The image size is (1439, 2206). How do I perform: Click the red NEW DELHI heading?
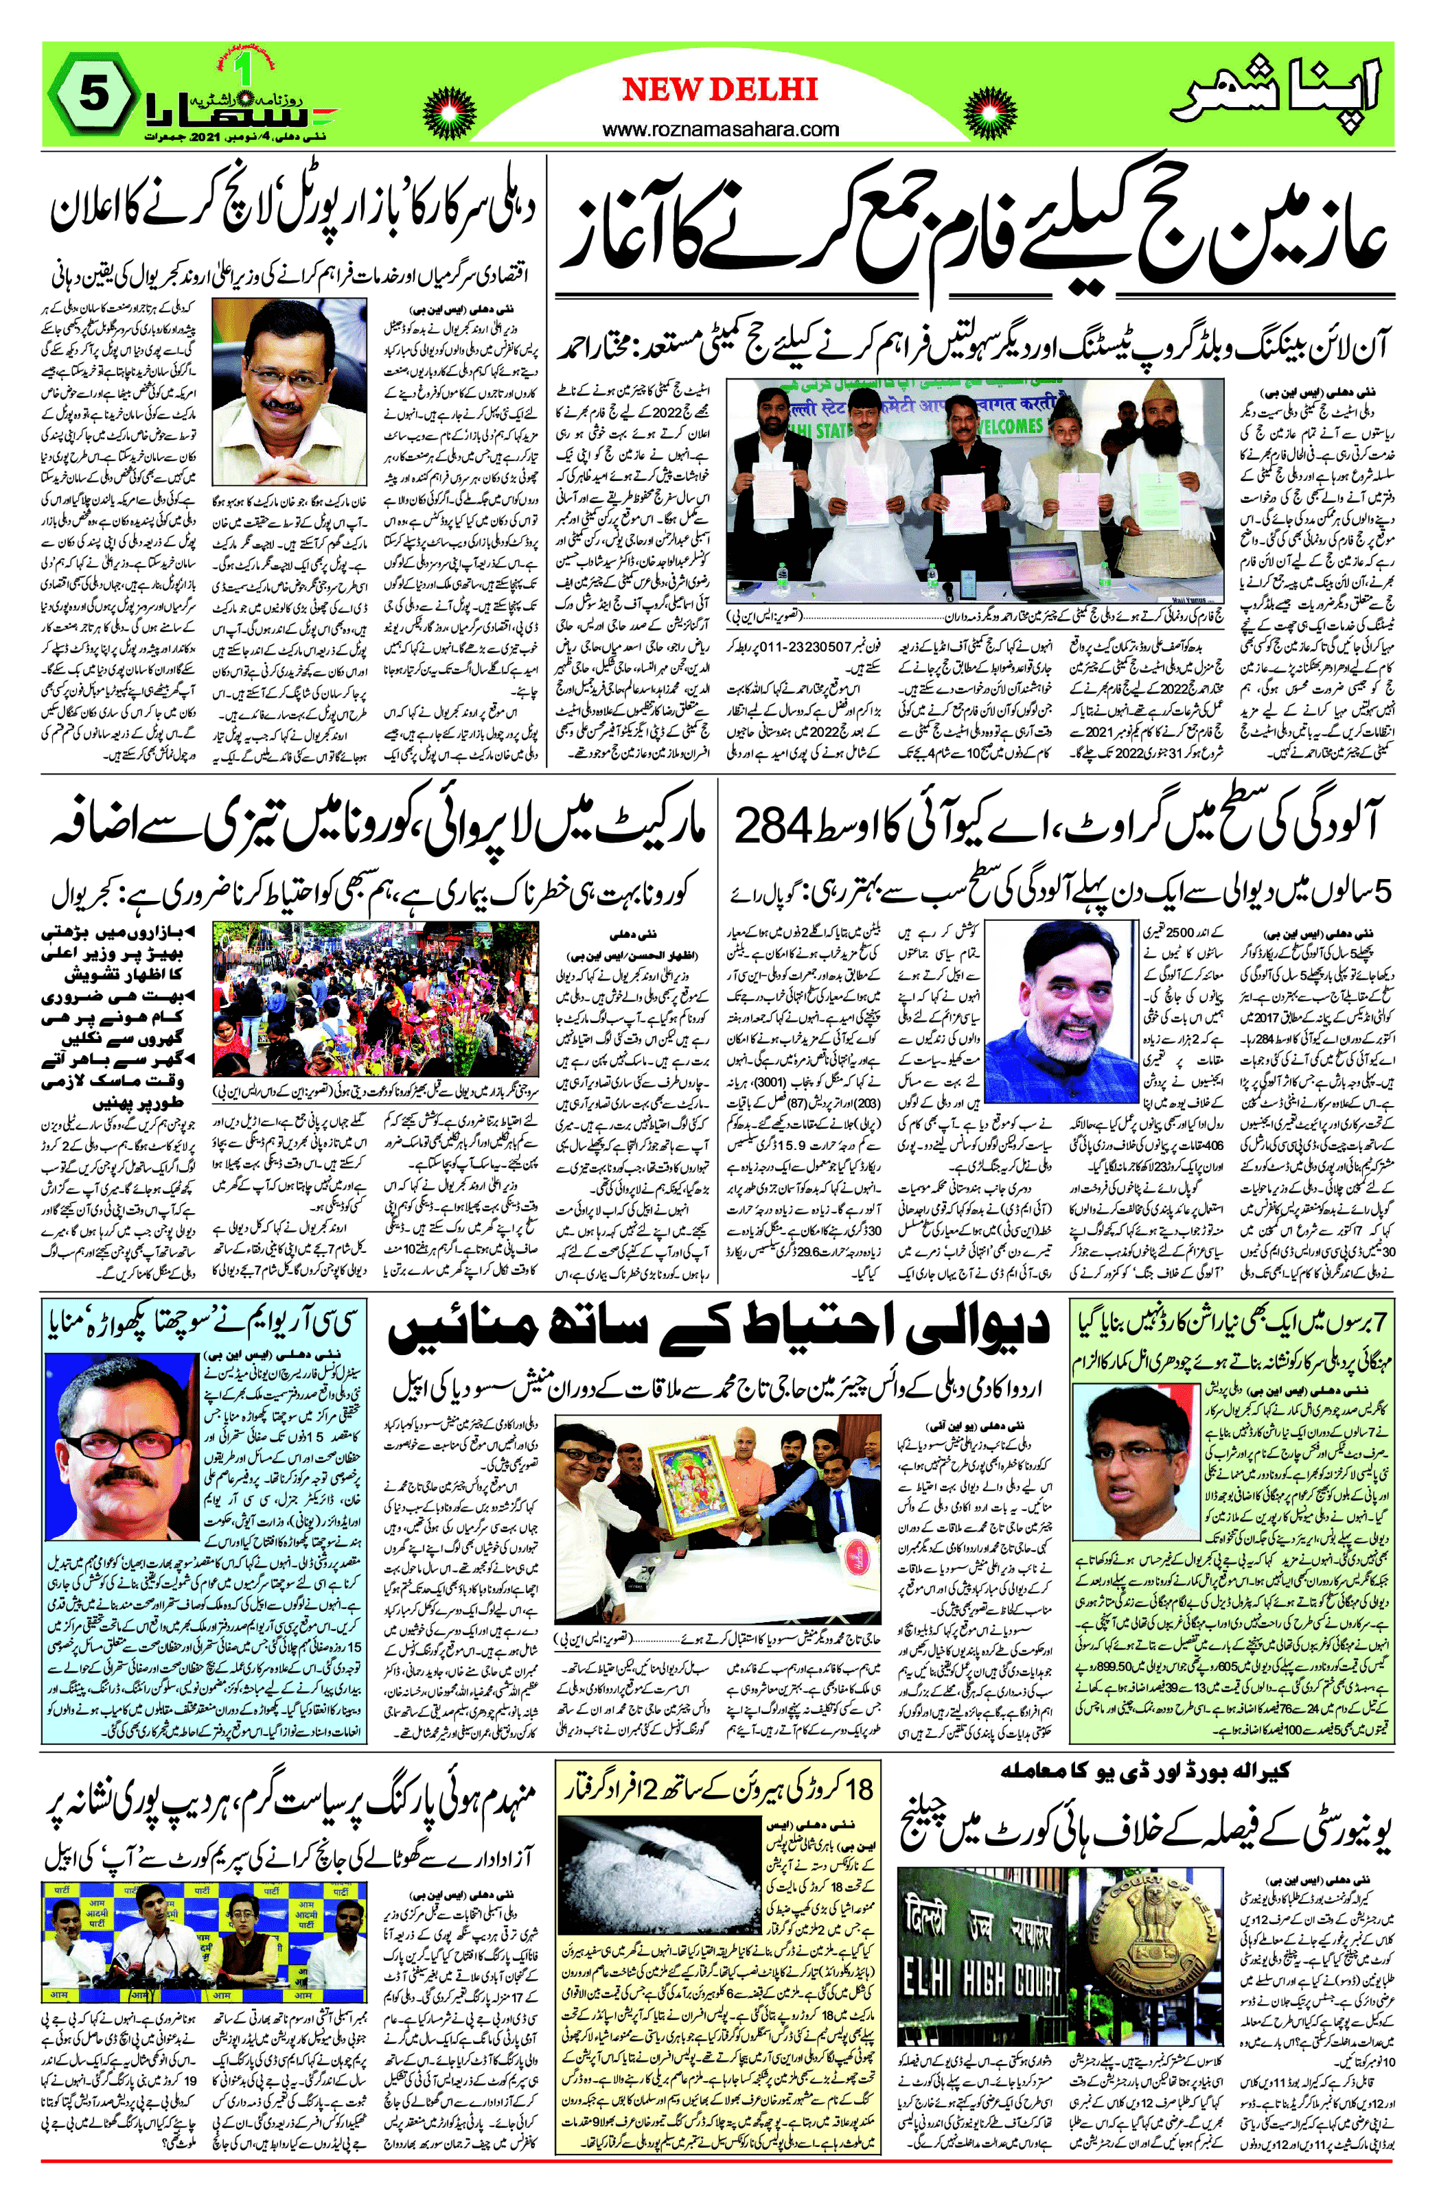719,89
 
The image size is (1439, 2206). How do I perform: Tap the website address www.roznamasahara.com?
719,130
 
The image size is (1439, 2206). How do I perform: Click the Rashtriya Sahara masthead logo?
236,104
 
